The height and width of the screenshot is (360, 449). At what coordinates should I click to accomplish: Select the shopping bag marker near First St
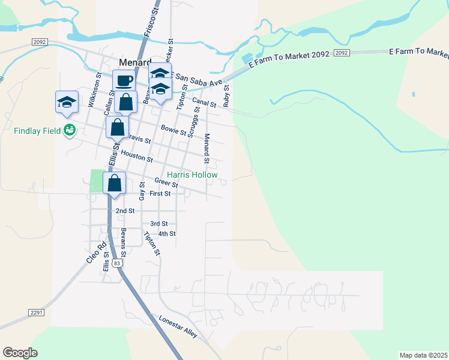tap(114, 183)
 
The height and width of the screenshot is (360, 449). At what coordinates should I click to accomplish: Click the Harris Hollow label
tap(192, 175)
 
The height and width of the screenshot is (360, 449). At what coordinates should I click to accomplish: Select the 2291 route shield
tap(37, 312)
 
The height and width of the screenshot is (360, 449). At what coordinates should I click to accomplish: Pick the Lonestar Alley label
tap(178, 326)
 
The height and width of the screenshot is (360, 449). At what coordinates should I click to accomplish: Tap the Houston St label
tap(137, 157)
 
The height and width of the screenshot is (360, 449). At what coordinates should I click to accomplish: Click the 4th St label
tap(166, 233)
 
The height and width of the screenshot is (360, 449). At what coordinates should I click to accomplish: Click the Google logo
tap(20, 353)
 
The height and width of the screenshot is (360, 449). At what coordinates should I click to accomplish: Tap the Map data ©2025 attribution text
tap(423, 355)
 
